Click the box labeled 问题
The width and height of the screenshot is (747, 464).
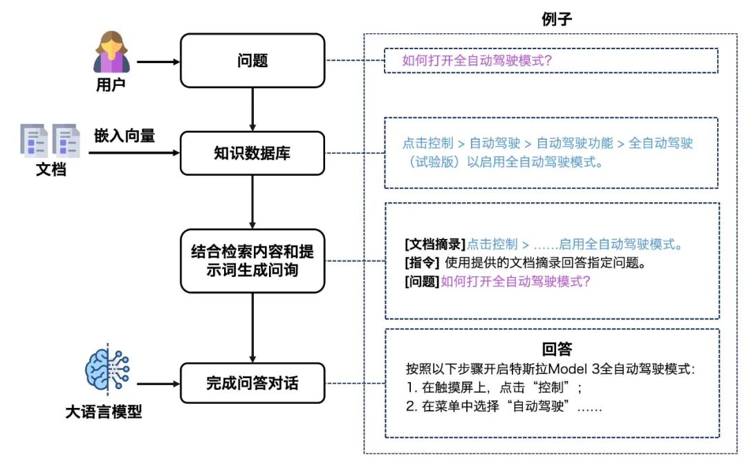(252, 61)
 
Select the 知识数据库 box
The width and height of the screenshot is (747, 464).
(252, 153)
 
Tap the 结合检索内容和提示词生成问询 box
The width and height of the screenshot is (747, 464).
(252, 260)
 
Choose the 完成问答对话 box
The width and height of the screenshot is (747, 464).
(252, 383)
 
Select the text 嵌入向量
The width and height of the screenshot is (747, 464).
(124, 136)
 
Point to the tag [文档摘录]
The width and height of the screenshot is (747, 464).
(435, 244)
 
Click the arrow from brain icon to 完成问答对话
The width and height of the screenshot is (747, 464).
(158, 383)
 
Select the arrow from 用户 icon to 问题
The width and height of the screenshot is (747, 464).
(158, 62)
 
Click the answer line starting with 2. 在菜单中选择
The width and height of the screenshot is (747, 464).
(504, 407)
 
